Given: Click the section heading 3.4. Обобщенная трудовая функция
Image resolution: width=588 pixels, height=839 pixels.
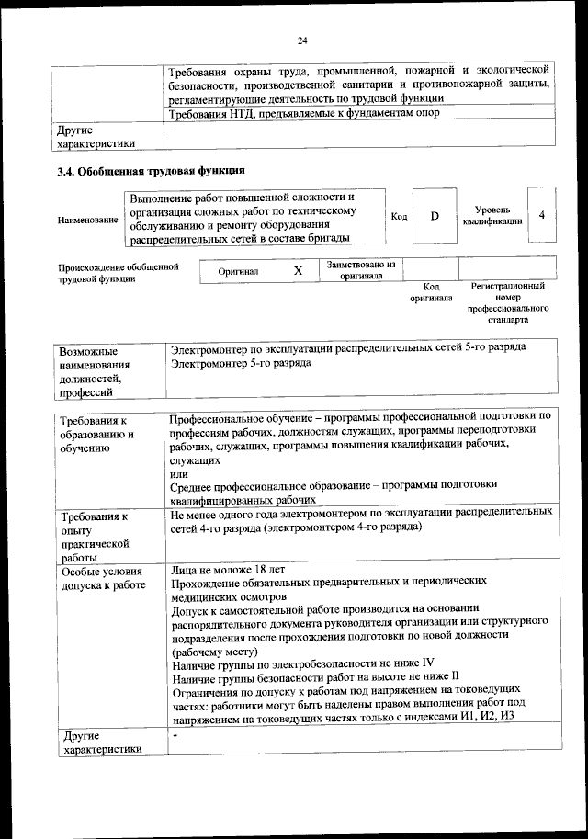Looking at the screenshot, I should coord(150,170).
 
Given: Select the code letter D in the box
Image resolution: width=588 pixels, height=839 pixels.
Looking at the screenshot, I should coord(435,215).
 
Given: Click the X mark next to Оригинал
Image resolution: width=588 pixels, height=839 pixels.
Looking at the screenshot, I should coord(298,272).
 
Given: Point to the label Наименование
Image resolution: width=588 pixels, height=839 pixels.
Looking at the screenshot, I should coord(87,221).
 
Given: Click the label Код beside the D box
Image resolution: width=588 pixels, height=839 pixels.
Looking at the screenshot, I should coord(399,216).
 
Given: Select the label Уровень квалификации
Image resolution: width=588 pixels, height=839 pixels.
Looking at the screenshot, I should coord(492,215).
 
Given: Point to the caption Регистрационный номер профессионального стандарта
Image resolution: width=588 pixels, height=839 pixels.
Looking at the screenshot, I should coord(507,304).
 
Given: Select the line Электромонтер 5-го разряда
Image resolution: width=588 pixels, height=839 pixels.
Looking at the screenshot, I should coord(241,364).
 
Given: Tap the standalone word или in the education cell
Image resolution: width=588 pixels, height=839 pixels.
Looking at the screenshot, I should coord(178,471).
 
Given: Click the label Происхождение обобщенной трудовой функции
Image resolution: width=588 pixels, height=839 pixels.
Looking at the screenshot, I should coord(117,273).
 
